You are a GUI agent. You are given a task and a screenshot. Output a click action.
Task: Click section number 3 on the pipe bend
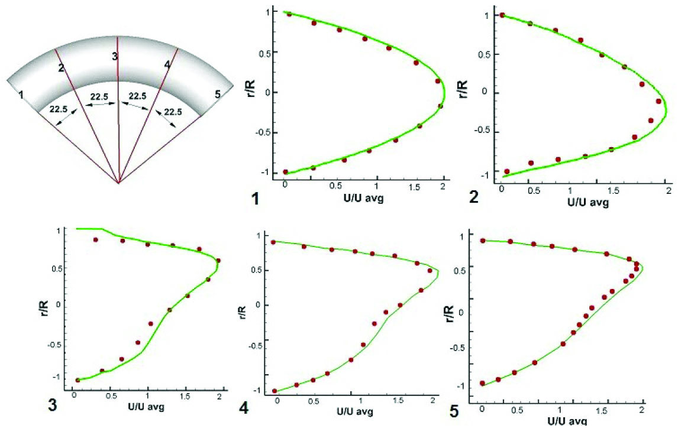tap(115, 56)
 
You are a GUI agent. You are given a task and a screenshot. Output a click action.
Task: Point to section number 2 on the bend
tap(60, 68)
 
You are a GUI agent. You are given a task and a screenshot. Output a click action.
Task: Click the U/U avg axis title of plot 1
tap(362, 198)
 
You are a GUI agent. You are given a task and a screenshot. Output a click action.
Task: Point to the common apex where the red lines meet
tap(119, 183)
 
